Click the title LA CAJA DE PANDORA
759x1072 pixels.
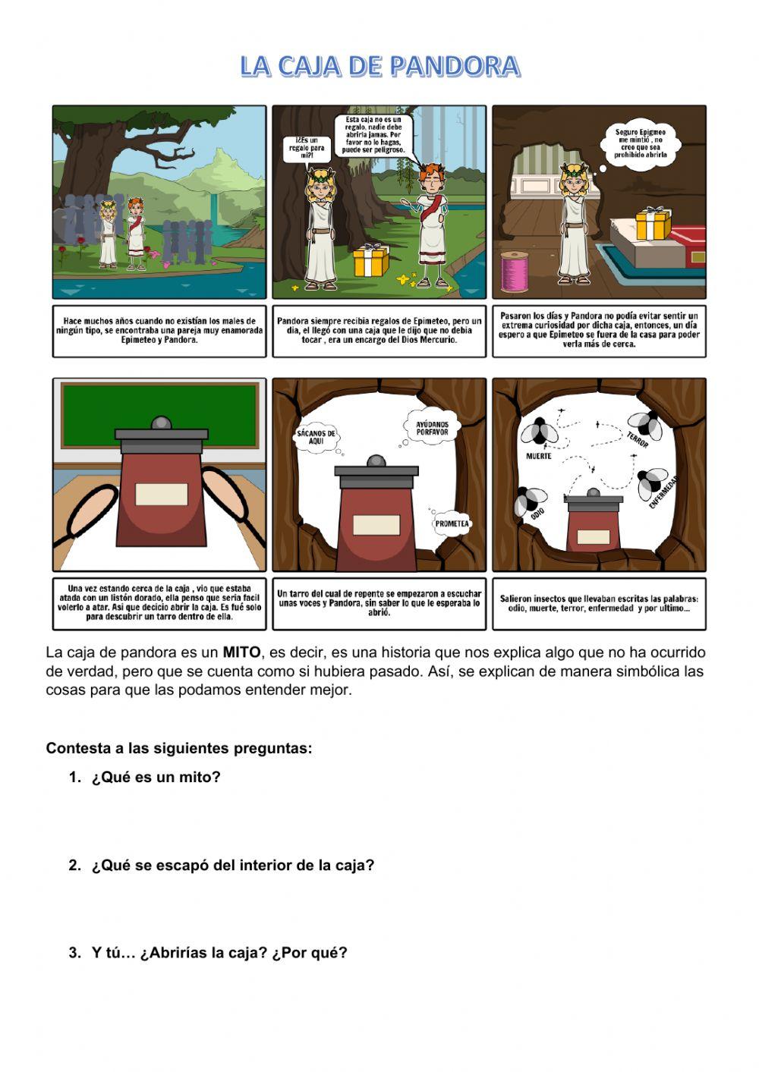tap(379, 67)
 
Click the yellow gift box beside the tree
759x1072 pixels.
tap(371, 260)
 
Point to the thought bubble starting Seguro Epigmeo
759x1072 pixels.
tap(640, 143)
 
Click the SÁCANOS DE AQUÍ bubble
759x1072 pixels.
tap(317, 437)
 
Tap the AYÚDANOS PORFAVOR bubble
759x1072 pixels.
tap(432, 428)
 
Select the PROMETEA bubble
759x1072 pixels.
tap(452, 523)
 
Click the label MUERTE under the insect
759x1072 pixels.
tap(538, 457)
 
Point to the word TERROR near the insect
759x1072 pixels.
tap(638, 439)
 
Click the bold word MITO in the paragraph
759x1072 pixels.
tap(241, 652)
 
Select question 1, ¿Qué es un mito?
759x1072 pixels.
tap(156, 777)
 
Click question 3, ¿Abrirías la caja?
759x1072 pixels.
tap(219, 953)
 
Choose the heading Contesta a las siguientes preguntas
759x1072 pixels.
tap(179, 748)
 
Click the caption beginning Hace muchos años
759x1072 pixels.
tap(159, 331)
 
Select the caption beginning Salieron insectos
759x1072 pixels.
tap(599, 603)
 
